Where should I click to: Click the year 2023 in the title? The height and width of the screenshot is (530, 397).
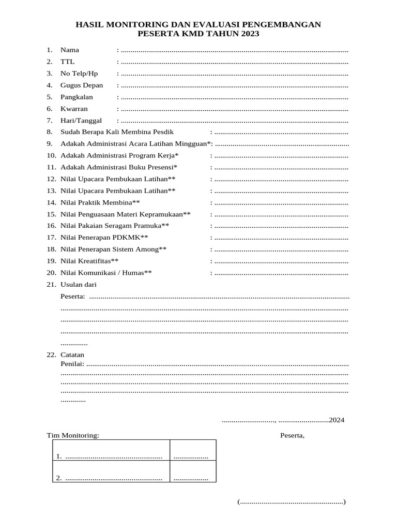(248, 34)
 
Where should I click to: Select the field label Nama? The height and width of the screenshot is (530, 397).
(70, 50)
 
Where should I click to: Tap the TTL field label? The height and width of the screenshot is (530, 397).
(67, 62)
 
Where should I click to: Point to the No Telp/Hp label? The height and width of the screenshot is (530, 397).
(79, 73)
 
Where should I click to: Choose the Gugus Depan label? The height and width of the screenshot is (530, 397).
(82, 85)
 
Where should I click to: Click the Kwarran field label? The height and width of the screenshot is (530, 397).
(74, 109)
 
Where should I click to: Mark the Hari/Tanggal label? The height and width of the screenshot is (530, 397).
(81, 121)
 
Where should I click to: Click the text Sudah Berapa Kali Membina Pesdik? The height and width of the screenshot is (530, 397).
(117, 132)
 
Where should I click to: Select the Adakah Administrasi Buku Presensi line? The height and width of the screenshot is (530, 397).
(119, 167)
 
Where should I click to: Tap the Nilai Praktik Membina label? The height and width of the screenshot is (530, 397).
(100, 202)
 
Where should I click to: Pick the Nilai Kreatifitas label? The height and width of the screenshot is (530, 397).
(89, 261)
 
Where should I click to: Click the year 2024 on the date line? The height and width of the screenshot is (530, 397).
(337, 420)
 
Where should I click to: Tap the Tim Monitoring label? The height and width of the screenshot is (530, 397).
(73, 435)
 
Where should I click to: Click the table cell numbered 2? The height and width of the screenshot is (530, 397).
(111, 478)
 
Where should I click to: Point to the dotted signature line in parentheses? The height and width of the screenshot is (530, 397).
(292, 502)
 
